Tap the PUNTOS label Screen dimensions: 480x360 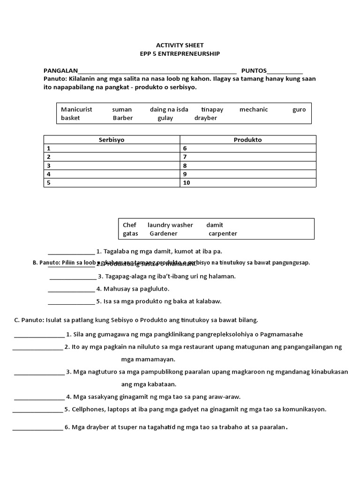(254, 71)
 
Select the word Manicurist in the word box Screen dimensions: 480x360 (76, 110)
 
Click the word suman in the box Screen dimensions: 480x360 (122, 110)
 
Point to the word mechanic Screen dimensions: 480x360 (254, 110)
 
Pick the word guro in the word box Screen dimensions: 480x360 (299, 110)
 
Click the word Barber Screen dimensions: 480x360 (123, 118)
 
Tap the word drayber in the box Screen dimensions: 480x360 (206, 118)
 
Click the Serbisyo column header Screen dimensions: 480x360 (112, 140)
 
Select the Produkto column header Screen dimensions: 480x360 (247, 140)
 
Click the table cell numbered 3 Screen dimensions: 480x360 (112, 165)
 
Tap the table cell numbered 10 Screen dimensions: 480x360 (247, 183)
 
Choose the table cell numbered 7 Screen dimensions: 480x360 (247, 157)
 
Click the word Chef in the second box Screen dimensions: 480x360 (129, 225)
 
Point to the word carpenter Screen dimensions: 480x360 (223, 233)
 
